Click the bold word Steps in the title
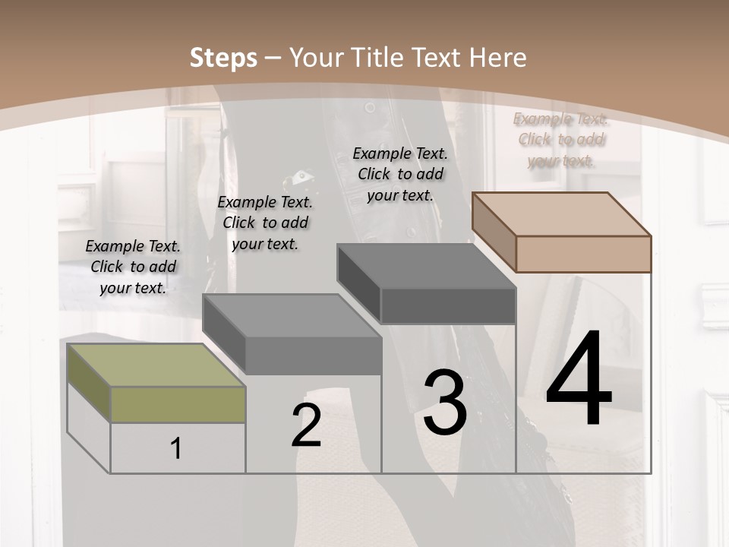click(223, 58)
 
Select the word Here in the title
click(500, 58)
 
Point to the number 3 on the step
click(445, 402)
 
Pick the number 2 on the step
click(306, 425)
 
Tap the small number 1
click(176, 448)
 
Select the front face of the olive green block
click(178, 404)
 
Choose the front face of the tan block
click(583, 254)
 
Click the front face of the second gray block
click(313, 356)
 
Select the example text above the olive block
click(133, 267)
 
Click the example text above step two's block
click(265, 223)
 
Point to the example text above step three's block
click(400, 174)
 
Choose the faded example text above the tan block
click(560, 139)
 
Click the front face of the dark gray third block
click(448, 305)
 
